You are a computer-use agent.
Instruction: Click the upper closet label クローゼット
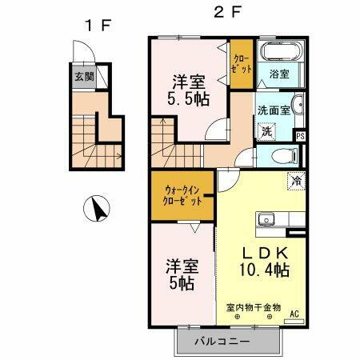pos(241,64)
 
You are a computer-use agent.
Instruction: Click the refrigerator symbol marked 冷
pos(295,181)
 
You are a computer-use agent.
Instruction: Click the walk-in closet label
pos(182,197)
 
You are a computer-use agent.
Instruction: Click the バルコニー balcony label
pos(224,342)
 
